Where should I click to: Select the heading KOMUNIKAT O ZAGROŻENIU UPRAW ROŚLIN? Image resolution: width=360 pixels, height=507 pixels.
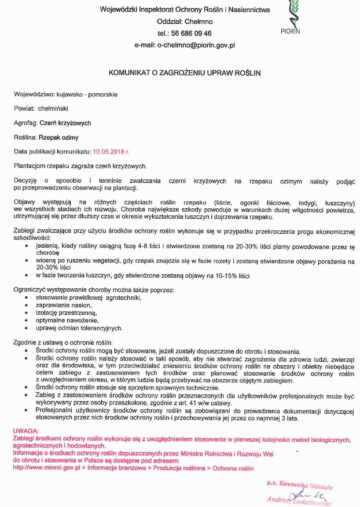[x=185, y=73]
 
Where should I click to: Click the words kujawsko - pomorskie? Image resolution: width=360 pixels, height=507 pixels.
[x=87, y=94]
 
